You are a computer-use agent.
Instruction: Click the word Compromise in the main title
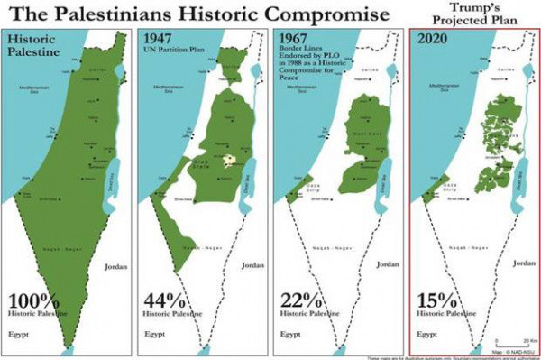pyautogui.click(x=309, y=14)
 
